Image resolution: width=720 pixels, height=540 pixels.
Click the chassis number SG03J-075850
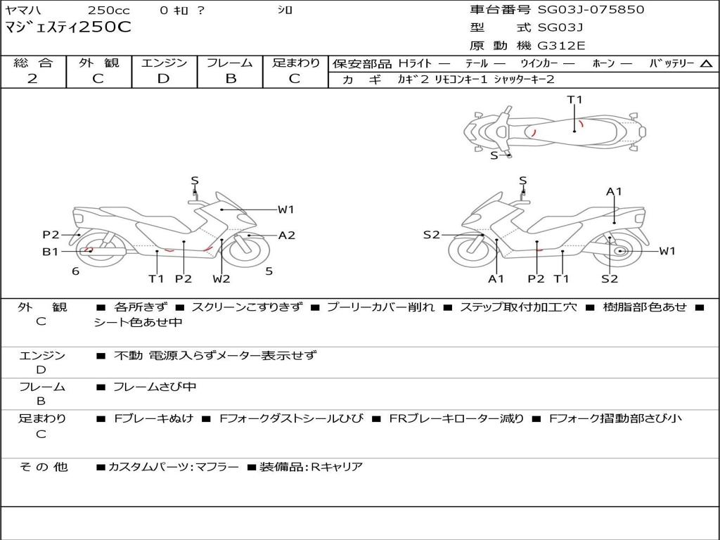pyautogui.click(x=591, y=10)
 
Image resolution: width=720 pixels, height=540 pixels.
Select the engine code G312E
pyautogui.click(x=561, y=46)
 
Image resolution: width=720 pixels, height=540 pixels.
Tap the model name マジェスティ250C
pyautogui.click(x=68, y=28)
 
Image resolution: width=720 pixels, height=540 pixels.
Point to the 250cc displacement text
pyautogui.click(x=109, y=10)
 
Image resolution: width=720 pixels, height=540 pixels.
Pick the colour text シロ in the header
pyautogui.click(x=285, y=10)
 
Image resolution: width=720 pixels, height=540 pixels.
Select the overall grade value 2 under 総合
pyautogui.click(x=32, y=79)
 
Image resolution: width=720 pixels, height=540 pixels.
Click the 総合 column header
pyautogui.click(x=32, y=63)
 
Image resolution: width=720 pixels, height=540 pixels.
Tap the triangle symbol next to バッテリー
pyautogui.click(x=706, y=64)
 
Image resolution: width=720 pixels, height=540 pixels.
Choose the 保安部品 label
pyautogui.click(x=361, y=64)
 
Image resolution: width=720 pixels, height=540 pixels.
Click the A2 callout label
pyautogui.click(x=287, y=236)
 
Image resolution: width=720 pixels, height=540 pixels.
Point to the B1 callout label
pyautogui.click(x=50, y=251)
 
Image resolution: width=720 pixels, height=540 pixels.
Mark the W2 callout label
pyautogui.click(x=221, y=279)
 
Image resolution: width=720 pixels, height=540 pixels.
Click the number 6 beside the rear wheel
pyautogui.click(x=75, y=271)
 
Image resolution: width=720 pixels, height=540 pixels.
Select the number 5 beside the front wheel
pyautogui.click(x=269, y=271)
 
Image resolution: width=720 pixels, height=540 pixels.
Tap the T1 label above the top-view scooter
pyautogui.click(x=575, y=100)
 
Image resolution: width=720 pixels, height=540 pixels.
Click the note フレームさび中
pyautogui.click(x=155, y=387)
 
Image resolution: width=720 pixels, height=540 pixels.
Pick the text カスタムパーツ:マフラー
pyautogui.click(x=173, y=467)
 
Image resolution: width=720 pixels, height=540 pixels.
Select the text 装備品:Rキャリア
pyautogui.click(x=311, y=467)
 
